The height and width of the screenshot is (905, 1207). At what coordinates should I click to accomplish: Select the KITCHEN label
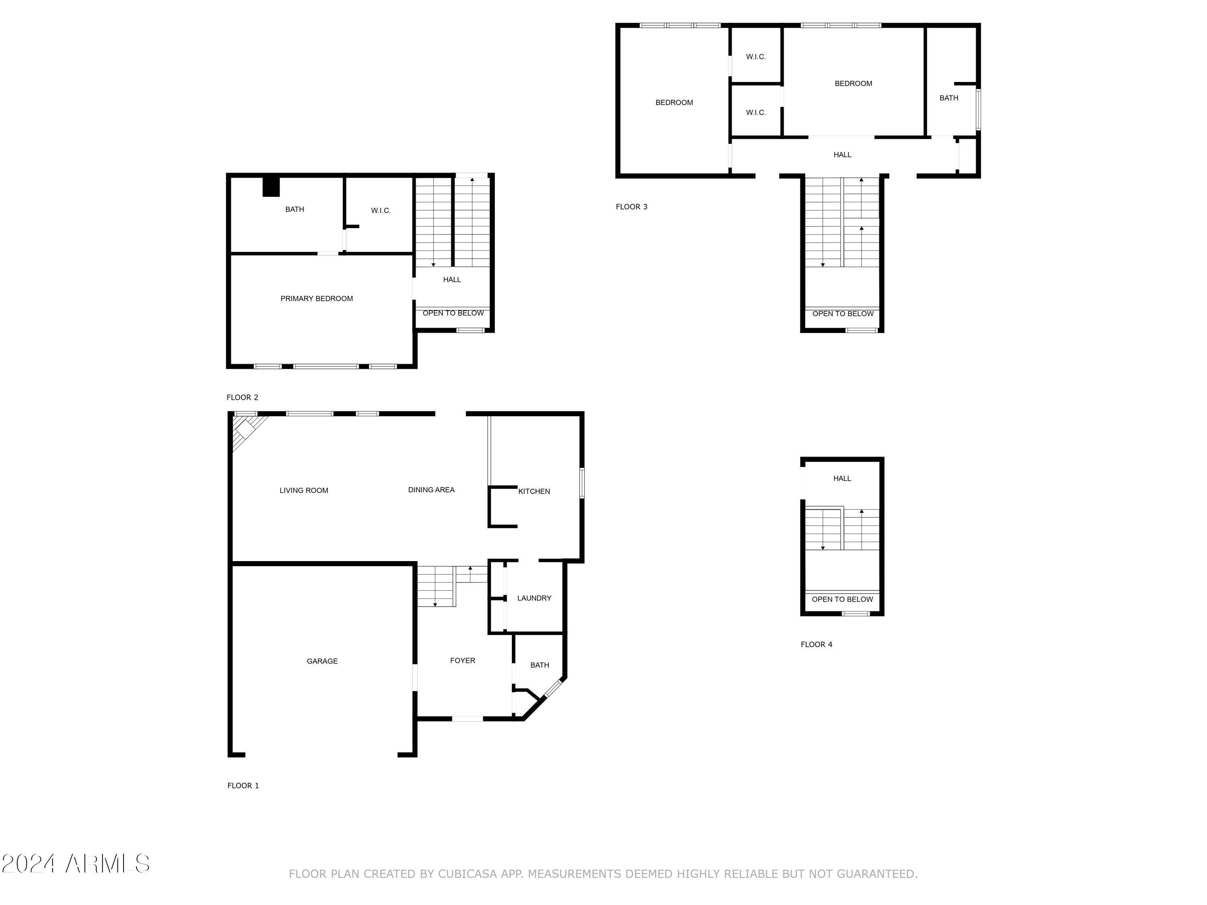click(x=533, y=492)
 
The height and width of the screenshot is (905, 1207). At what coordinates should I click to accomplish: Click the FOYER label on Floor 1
click(x=462, y=660)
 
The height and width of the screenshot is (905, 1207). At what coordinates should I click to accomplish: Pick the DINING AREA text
click(x=431, y=490)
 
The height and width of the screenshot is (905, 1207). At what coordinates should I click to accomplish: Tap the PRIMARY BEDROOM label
click(x=317, y=298)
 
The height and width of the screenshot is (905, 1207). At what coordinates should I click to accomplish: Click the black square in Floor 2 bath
click(x=271, y=187)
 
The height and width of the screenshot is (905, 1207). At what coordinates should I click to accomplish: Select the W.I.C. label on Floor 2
click(x=380, y=211)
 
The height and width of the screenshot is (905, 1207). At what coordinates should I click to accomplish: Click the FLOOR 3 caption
click(x=631, y=207)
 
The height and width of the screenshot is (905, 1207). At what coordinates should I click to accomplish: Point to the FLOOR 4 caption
click(x=816, y=644)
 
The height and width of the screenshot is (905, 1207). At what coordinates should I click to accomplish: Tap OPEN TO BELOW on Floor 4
click(x=842, y=599)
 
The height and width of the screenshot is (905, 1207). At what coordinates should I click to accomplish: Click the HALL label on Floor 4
click(x=842, y=478)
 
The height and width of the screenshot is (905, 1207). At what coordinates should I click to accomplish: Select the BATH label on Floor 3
click(x=948, y=98)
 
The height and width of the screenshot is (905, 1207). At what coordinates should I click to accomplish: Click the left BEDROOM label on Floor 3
click(x=674, y=103)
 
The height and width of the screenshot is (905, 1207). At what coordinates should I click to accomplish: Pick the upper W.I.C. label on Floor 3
click(x=756, y=57)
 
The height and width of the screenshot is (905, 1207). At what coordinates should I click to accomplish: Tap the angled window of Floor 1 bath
click(x=553, y=689)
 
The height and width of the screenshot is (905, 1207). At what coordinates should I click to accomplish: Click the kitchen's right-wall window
click(x=582, y=483)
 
